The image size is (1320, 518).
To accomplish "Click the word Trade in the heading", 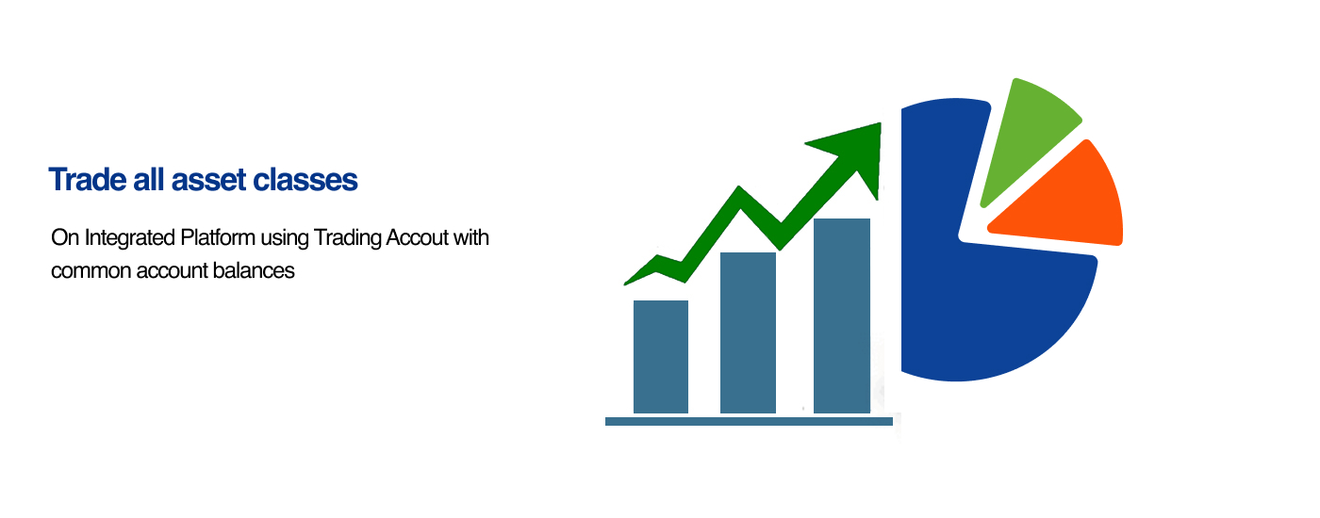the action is (x=87, y=180).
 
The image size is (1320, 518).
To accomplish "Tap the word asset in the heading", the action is (x=208, y=181).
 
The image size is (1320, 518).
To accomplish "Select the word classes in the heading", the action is (x=305, y=180).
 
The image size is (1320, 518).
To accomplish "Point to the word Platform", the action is (x=218, y=237).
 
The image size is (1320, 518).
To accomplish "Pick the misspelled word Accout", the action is (x=417, y=237).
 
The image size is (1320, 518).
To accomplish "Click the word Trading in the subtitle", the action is (x=348, y=238).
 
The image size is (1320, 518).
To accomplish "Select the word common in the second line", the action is (x=91, y=272).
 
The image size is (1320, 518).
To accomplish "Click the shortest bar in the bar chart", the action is (x=661, y=357).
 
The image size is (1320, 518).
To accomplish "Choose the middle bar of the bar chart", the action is (x=748, y=332).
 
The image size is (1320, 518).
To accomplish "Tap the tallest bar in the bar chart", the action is (x=841, y=316).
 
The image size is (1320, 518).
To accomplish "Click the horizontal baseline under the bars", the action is (x=749, y=422).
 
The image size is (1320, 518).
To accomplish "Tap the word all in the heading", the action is (x=149, y=180).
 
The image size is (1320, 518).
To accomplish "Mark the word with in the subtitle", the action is (x=470, y=237).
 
